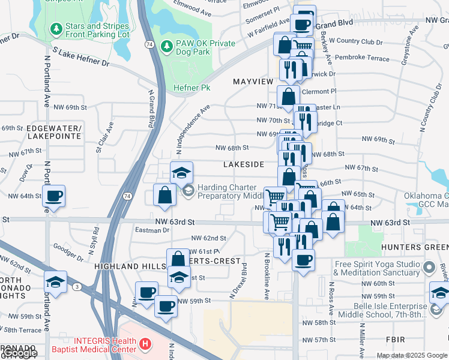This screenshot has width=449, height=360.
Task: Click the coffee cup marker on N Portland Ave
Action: coord(54,196)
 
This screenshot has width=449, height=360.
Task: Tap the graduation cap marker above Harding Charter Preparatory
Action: coord(181,173)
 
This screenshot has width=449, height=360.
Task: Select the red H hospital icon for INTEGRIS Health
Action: coord(144,344)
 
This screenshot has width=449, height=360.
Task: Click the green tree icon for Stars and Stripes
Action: coord(56,28)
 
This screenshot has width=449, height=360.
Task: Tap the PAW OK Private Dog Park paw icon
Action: coord(167,46)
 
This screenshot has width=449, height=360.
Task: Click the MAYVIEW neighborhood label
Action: coord(253,81)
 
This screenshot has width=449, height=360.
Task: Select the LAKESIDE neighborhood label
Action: coord(244,164)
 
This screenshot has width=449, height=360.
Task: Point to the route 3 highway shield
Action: coord(77,287)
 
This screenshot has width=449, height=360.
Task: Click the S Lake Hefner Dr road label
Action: coord(80,58)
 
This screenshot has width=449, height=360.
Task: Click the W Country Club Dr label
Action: coord(360,41)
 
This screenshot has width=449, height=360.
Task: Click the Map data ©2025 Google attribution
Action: coord(412,355)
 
